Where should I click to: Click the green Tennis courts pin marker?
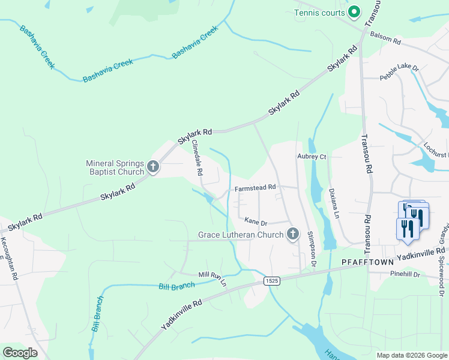tap(354, 12)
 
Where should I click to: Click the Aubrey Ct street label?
tap(312, 157)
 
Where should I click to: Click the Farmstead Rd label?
tap(255, 188)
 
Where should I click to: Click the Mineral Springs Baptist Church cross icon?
tap(152, 167)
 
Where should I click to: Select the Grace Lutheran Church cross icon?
tap(292, 234)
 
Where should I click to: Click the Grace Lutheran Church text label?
tap(241, 235)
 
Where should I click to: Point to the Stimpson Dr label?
tap(311, 248)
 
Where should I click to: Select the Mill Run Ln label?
tap(212, 278)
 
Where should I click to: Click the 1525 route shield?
tap(271, 281)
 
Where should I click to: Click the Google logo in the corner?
tap(20, 353)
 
